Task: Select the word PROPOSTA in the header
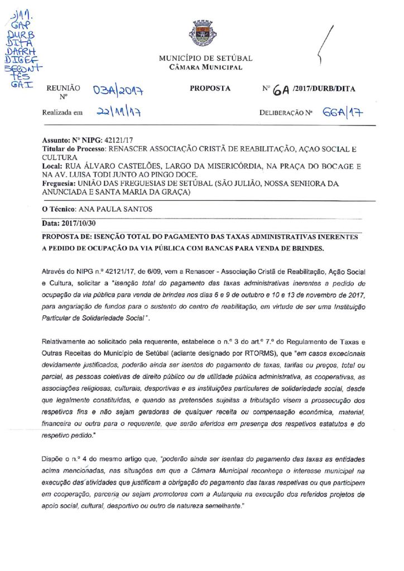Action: coord(210,89)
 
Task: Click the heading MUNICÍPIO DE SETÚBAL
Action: coord(205,58)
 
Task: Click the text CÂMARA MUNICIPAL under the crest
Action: coord(205,67)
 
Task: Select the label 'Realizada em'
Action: coord(62,113)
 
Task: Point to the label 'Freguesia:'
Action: coord(60,182)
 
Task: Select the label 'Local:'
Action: coord(53,166)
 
